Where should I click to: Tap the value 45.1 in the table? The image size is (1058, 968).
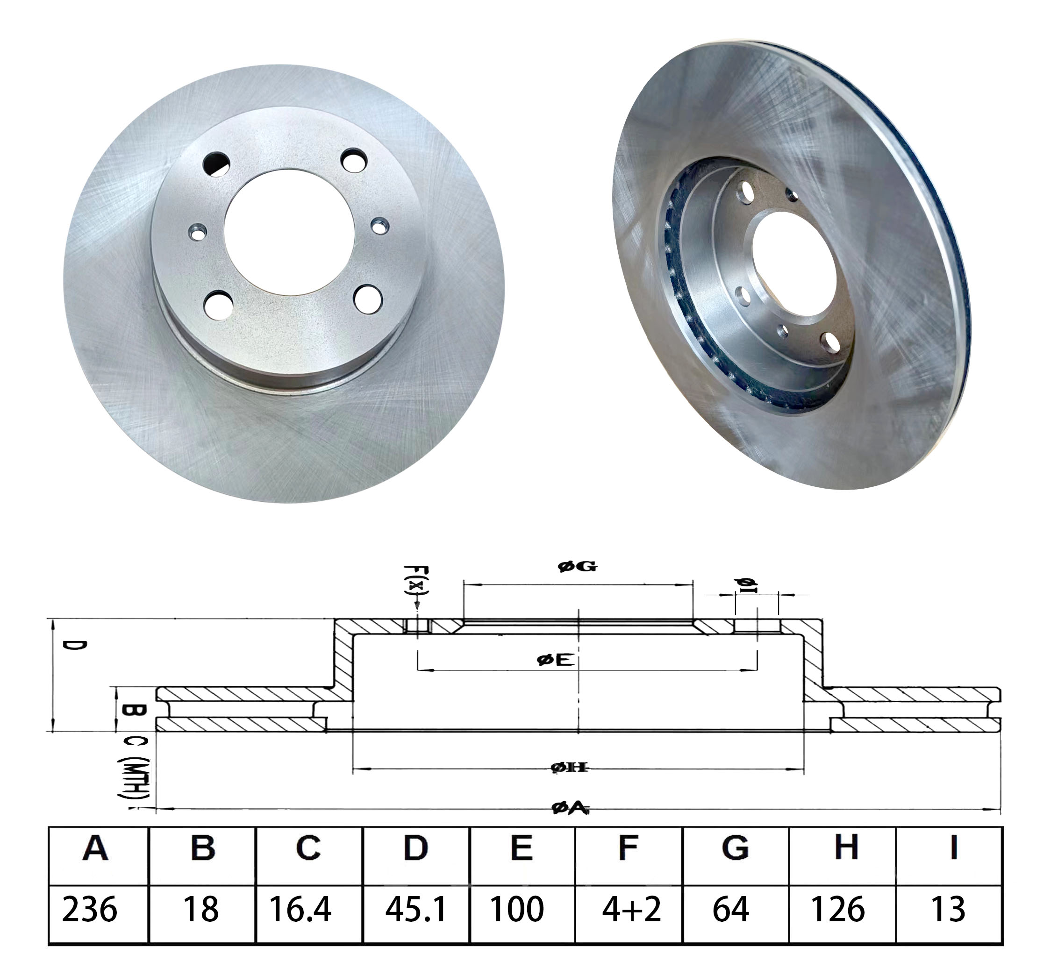pyautogui.click(x=416, y=913)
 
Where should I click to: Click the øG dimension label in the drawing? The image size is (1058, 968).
pyautogui.click(x=577, y=566)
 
